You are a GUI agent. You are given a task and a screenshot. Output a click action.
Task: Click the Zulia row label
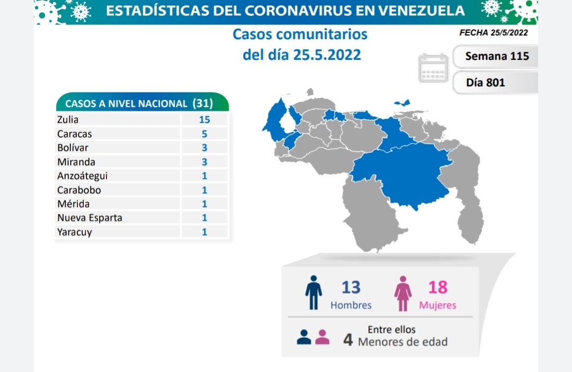click(x=68, y=120)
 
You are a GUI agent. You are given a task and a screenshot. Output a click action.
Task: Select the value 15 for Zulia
click(x=204, y=120)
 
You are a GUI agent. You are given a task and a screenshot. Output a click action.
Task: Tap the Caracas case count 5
click(x=204, y=134)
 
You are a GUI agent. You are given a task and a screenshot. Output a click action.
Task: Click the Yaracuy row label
click(x=75, y=232)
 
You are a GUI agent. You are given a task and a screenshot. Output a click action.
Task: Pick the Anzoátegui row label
click(x=82, y=176)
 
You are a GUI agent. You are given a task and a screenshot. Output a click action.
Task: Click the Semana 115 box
click(x=497, y=56)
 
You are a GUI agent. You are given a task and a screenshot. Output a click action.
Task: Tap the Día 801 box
click(x=486, y=83)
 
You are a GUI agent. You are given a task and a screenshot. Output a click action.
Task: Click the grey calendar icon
click(x=433, y=68)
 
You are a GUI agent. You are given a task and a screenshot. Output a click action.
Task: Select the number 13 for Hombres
click(x=351, y=287)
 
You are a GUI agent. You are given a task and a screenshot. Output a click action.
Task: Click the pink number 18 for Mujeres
click(x=438, y=287)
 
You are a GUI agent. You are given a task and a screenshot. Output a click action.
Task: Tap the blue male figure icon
click(x=314, y=292)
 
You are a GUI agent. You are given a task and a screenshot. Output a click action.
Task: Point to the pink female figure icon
click(x=403, y=293)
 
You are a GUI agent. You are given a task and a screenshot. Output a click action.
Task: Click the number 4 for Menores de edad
click(x=348, y=340)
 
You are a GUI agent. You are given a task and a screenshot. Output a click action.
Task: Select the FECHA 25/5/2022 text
click(x=493, y=32)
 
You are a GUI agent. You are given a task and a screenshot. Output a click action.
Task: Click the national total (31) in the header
click(x=203, y=103)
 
